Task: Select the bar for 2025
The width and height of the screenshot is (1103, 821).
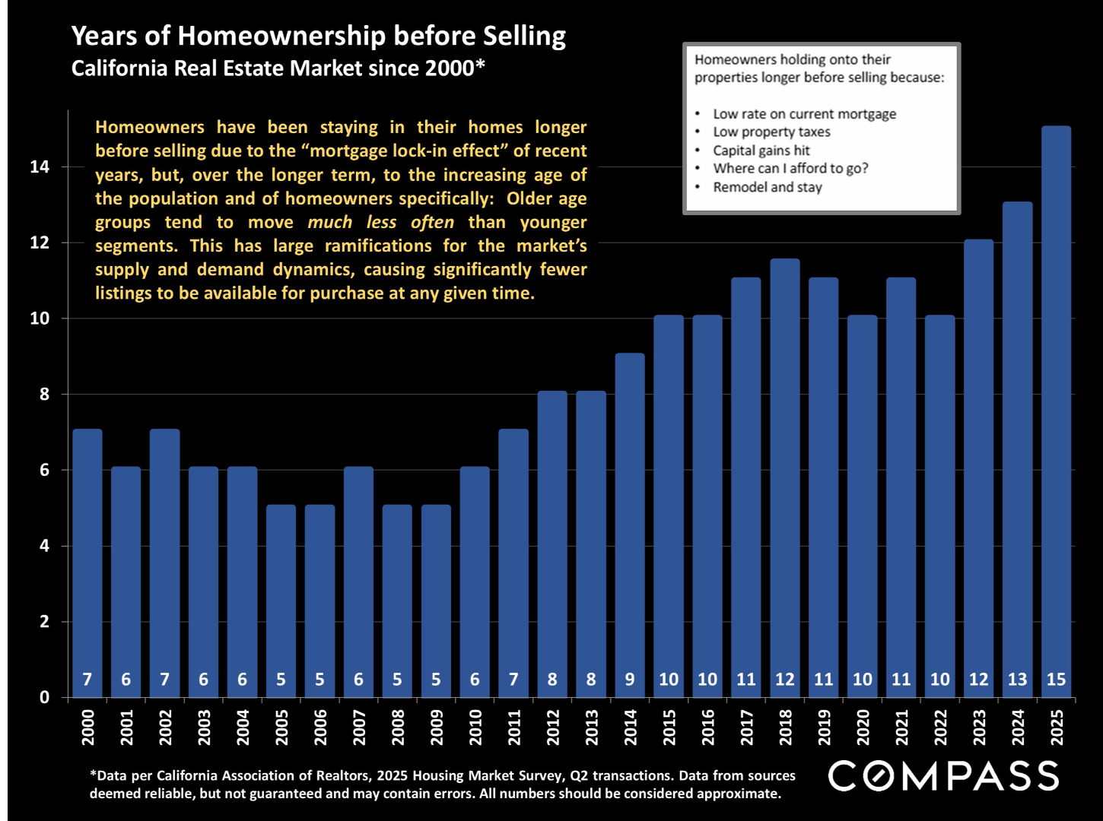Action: (x=1056, y=410)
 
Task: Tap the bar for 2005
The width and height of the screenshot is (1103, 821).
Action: (x=281, y=601)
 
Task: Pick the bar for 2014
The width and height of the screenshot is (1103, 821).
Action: (x=630, y=525)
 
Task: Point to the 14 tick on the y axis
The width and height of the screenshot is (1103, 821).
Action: (x=40, y=166)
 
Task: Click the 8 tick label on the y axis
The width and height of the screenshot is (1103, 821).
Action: (x=44, y=394)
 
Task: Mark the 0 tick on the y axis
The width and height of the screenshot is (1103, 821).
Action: (x=44, y=697)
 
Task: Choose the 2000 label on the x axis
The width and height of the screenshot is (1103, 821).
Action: (x=87, y=727)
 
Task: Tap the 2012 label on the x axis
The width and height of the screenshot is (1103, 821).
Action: (x=552, y=727)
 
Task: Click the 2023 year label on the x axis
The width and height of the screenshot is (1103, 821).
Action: (x=979, y=727)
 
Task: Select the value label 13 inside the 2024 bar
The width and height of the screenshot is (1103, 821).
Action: (x=1017, y=680)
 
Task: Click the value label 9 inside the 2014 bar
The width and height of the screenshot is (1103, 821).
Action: (x=630, y=680)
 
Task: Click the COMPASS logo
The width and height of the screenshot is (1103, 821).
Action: (x=943, y=776)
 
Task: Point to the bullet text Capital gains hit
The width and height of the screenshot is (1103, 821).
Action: (x=761, y=151)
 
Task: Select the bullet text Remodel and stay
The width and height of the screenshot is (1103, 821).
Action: (x=767, y=187)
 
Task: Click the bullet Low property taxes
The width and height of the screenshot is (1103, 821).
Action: (x=771, y=132)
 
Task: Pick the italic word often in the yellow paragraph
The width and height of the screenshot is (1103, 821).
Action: (x=432, y=223)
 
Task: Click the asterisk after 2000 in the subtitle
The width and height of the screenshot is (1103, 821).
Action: (x=480, y=65)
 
